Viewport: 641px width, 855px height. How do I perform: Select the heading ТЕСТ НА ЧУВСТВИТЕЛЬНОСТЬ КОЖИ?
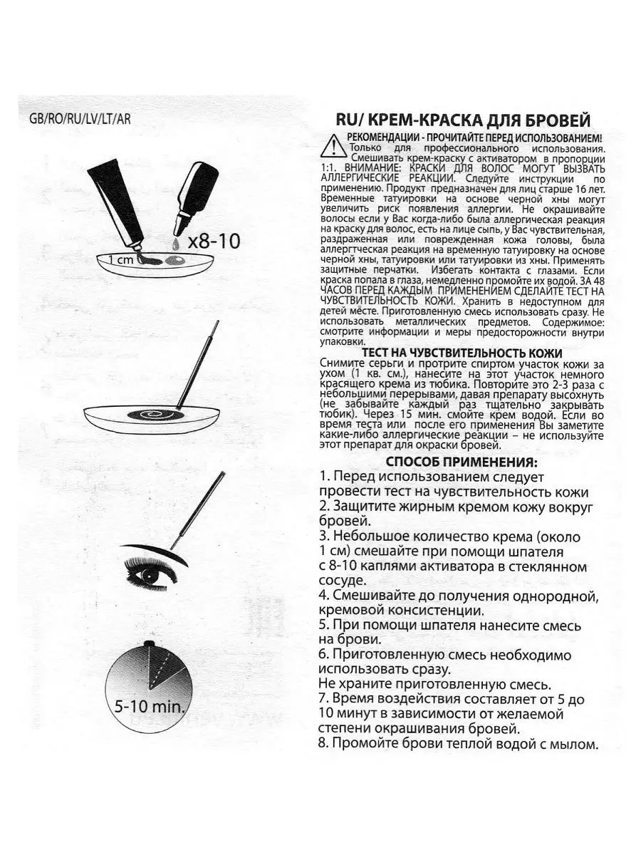pyautogui.click(x=462, y=353)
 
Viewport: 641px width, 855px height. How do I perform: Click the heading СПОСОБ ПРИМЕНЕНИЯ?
pyautogui.click(x=461, y=462)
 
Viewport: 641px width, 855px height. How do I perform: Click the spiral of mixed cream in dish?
pyautogui.click(x=150, y=415)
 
